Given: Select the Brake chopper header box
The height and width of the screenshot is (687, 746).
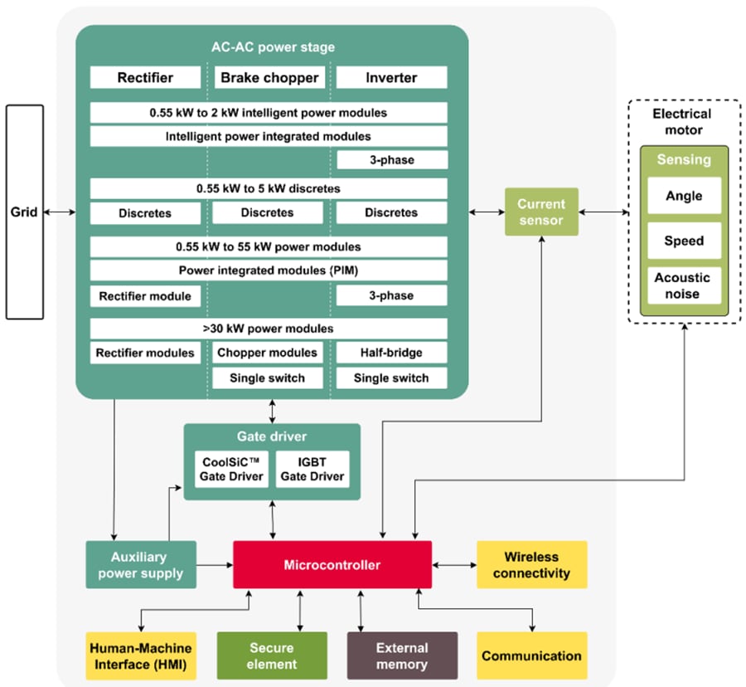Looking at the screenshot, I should (269, 78).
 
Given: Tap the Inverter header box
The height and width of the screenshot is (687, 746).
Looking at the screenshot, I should (391, 78).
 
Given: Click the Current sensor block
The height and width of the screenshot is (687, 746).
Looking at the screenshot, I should (541, 212).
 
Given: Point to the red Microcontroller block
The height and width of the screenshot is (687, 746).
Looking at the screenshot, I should (332, 565).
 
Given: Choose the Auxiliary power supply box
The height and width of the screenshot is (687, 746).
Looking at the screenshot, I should (141, 565).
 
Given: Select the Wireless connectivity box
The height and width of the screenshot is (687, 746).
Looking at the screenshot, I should (531, 565).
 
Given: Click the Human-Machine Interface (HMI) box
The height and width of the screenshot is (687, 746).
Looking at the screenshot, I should (141, 655).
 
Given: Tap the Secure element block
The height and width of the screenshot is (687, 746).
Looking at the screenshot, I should (270, 655).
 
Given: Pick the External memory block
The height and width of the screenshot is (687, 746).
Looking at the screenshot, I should (402, 655).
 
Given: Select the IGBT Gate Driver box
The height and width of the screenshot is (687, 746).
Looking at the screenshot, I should (312, 469).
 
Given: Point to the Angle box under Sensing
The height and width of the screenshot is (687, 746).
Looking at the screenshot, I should (684, 197).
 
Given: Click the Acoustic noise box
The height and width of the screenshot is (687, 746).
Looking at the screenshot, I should (684, 285).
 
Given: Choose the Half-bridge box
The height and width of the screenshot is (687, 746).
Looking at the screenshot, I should (391, 353).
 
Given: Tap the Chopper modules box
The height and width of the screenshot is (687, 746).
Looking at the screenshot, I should (267, 353).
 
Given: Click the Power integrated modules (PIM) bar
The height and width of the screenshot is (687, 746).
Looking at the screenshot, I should (269, 270).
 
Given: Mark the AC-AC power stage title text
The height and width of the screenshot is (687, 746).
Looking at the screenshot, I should (272, 47).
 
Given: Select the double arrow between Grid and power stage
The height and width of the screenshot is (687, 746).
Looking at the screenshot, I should (60, 213).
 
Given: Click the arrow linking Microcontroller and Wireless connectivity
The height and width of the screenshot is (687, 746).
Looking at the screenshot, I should (454, 565).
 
